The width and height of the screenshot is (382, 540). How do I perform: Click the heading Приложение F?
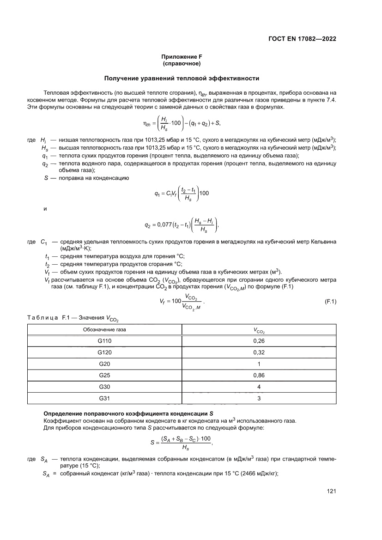click(x=182, y=57)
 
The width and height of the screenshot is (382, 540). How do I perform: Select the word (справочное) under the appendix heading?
click(x=182, y=63)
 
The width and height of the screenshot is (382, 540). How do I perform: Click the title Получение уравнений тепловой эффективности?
click(x=182, y=79)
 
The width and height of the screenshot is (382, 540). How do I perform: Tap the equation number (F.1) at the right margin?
click(x=328, y=302)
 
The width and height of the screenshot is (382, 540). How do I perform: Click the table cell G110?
click(x=105, y=341)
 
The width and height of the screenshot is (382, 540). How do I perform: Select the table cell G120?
click(x=105, y=352)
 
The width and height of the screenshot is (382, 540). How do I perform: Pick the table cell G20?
click(x=105, y=364)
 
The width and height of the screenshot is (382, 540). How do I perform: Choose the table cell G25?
click(x=105, y=375)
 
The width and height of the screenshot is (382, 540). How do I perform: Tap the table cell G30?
click(x=105, y=386)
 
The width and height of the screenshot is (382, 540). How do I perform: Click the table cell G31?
click(x=105, y=398)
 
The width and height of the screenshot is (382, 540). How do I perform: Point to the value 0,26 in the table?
click(x=259, y=341)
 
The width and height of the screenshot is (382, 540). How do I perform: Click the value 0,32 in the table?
click(x=259, y=352)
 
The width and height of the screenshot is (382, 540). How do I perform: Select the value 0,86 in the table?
click(x=259, y=375)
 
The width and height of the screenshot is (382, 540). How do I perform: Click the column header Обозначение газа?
click(x=105, y=330)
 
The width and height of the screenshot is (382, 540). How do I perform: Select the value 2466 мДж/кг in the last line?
click(x=255, y=482)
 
